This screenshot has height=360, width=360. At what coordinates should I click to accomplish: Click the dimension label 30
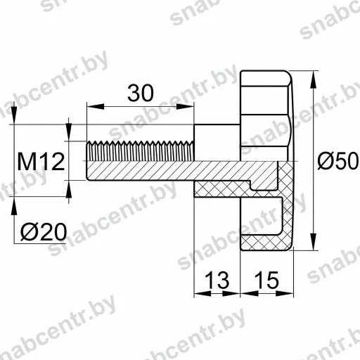[141, 93]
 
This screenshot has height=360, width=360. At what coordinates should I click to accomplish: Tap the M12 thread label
[41, 162]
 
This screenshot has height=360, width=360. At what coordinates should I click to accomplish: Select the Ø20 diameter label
[44, 231]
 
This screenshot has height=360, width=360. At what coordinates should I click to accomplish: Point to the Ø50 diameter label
[337, 160]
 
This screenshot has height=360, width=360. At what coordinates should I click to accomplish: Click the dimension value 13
[217, 280]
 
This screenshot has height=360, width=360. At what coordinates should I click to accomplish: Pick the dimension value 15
[266, 280]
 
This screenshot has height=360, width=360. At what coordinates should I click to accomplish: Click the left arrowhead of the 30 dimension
[96, 107]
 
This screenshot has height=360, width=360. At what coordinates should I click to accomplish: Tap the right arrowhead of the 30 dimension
[185, 107]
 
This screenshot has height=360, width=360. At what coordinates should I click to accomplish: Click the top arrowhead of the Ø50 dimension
[313, 79]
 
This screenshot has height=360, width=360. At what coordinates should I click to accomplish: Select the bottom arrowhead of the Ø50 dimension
[313, 241]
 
